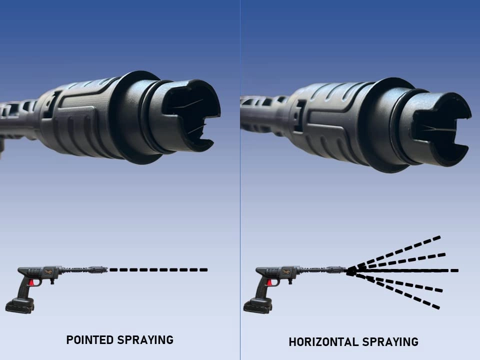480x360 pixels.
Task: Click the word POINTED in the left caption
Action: pos(89,340)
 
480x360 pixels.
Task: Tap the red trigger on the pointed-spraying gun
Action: pos(32,283)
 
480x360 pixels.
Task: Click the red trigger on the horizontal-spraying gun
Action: pos(270,283)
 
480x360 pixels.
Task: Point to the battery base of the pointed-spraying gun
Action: pos(20,305)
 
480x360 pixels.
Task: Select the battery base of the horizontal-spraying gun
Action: pos(258,305)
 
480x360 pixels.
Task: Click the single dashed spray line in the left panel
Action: pos(158,270)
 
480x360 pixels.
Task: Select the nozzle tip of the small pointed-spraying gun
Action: pos(104,269)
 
